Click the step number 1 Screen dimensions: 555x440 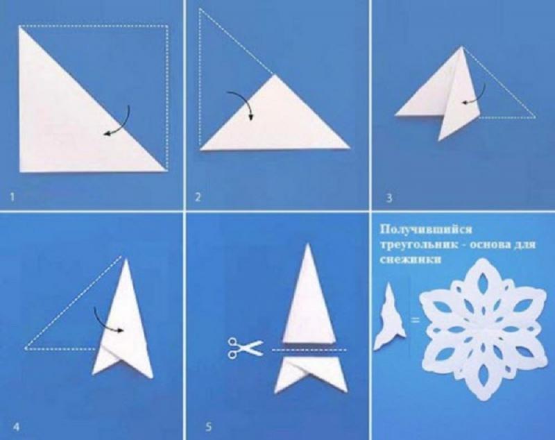(12, 197)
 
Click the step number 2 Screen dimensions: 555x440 (198, 197)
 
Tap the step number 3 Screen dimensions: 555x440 (389, 198)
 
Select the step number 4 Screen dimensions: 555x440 (16, 427)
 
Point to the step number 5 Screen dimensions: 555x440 (209, 427)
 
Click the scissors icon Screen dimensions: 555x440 (246, 348)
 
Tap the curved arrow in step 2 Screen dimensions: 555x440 (242, 103)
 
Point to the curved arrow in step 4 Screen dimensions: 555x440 (106, 322)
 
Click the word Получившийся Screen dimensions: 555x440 (426, 230)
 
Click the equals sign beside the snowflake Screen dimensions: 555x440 (415, 321)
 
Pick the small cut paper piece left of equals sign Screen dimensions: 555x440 (390, 319)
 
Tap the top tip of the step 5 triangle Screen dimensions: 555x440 (308, 244)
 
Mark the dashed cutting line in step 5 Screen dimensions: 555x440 (309, 350)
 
